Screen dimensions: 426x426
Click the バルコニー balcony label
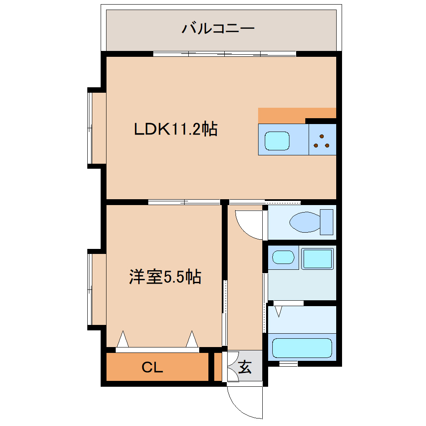[x=218, y=28]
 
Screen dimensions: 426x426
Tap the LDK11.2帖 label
[x=176, y=129]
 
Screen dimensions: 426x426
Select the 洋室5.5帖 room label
[x=165, y=277]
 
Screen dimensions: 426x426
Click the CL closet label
[x=152, y=368]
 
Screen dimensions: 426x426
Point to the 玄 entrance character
[x=245, y=367]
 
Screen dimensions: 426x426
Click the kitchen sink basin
[x=277, y=141]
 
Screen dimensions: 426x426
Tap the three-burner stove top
[x=322, y=139]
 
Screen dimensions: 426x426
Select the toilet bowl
[x=305, y=222]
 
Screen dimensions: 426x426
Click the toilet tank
[x=327, y=222]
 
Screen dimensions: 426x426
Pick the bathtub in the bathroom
[x=302, y=348]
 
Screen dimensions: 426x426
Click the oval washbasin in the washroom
[x=283, y=257]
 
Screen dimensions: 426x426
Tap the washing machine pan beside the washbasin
[x=317, y=259]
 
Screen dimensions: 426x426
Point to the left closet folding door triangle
[x=122, y=339]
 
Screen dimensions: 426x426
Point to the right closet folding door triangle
[x=192, y=339]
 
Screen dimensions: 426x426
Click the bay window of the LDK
[x=97, y=128]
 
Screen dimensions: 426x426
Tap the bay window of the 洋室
[x=97, y=289]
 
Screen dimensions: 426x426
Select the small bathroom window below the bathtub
[x=289, y=363]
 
